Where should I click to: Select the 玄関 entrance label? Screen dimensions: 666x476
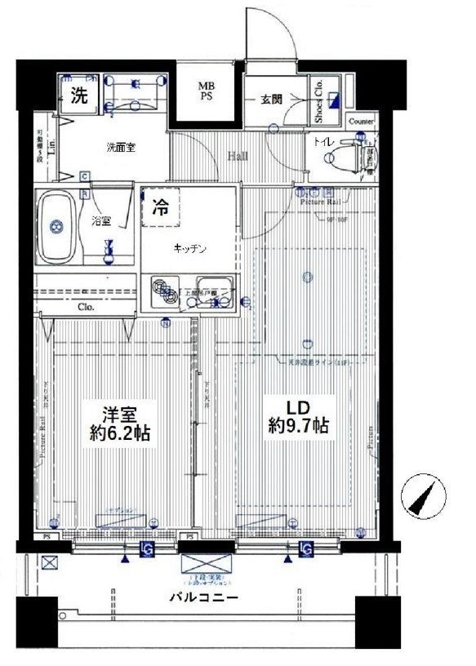click(x=272, y=100)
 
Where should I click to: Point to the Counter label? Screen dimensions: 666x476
click(x=362, y=122)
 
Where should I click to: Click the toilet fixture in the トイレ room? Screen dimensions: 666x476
click(x=352, y=153)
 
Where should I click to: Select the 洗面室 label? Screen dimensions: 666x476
click(x=119, y=148)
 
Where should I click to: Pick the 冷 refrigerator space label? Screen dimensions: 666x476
click(x=162, y=208)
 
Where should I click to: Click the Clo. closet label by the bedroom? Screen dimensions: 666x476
click(x=87, y=308)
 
